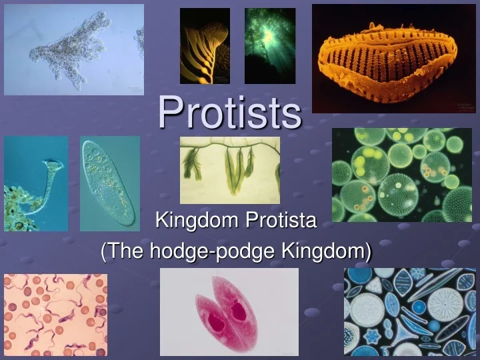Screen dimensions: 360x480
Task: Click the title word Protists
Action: [x=230, y=112]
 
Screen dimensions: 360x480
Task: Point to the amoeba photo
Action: [x=73, y=49]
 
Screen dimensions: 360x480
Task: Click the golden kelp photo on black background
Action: [x=205, y=46]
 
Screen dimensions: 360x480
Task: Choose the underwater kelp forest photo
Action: [x=270, y=46]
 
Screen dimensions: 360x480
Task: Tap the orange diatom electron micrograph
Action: [x=393, y=59]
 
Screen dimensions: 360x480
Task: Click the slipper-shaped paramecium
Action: [x=109, y=183]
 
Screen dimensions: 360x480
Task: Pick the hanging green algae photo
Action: [x=229, y=170]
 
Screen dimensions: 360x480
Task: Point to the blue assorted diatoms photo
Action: [x=410, y=312]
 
